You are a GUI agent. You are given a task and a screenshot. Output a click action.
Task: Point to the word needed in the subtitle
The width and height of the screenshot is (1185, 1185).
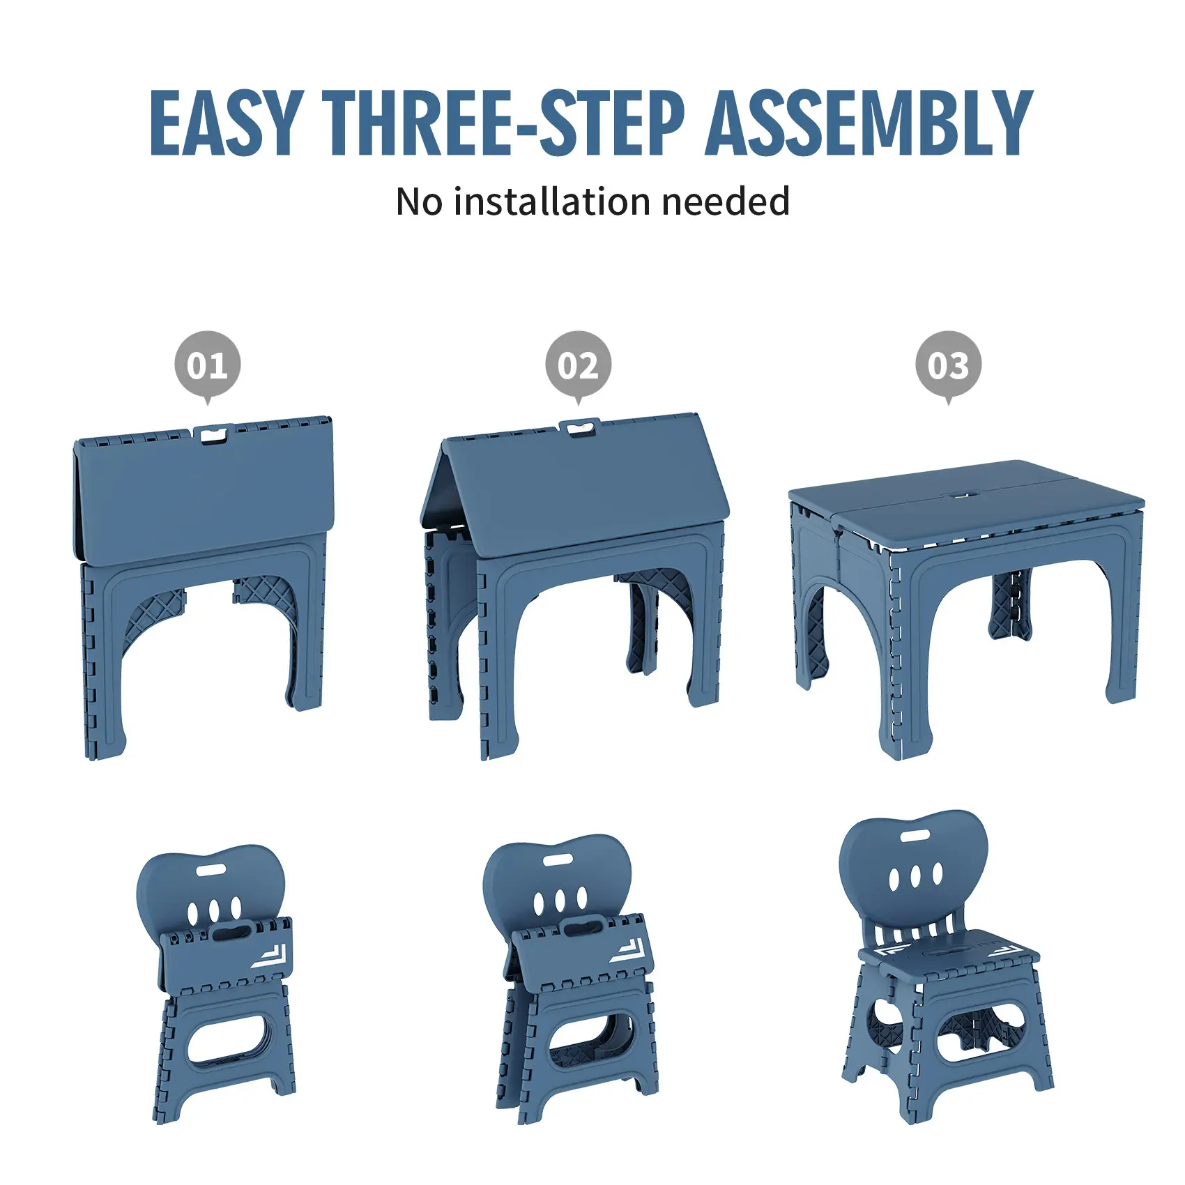(x=726, y=201)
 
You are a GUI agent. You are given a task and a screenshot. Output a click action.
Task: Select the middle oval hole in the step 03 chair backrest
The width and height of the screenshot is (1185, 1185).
(x=915, y=876)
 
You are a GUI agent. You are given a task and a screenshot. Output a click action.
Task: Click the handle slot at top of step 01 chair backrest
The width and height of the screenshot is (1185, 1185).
(x=211, y=871)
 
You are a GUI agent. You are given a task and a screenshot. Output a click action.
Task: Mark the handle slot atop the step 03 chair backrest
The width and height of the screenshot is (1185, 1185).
(x=914, y=836)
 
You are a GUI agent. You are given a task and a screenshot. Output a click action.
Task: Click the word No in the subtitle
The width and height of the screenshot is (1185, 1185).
(x=419, y=201)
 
